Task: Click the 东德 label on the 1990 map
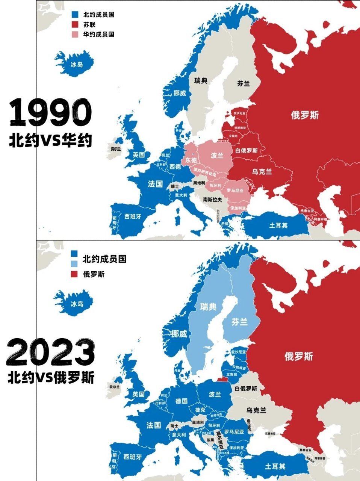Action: (x=191, y=160)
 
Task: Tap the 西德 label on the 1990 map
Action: (x=175, y=166)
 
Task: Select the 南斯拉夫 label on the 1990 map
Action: (x=212, y=200)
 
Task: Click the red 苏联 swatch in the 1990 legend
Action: (x=75, y=24)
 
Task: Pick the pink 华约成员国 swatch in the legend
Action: (x=75, y=34)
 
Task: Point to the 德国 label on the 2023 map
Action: (x=182, y=401)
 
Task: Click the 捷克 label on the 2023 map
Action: (x=200, y=409)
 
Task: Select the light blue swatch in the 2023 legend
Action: (x=75, y=264)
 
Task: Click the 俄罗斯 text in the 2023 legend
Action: (x=94, y=274)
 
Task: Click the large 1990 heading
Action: (x=50, y=112)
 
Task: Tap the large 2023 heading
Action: (x=50, y=352)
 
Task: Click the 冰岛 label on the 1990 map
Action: (x=77, y=64)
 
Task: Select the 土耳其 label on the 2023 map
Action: (x=275, y=466)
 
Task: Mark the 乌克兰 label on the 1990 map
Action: (x=262, y=172)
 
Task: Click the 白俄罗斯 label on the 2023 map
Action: (x=246, y=389)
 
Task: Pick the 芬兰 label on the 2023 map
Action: (x=239, y=322)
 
